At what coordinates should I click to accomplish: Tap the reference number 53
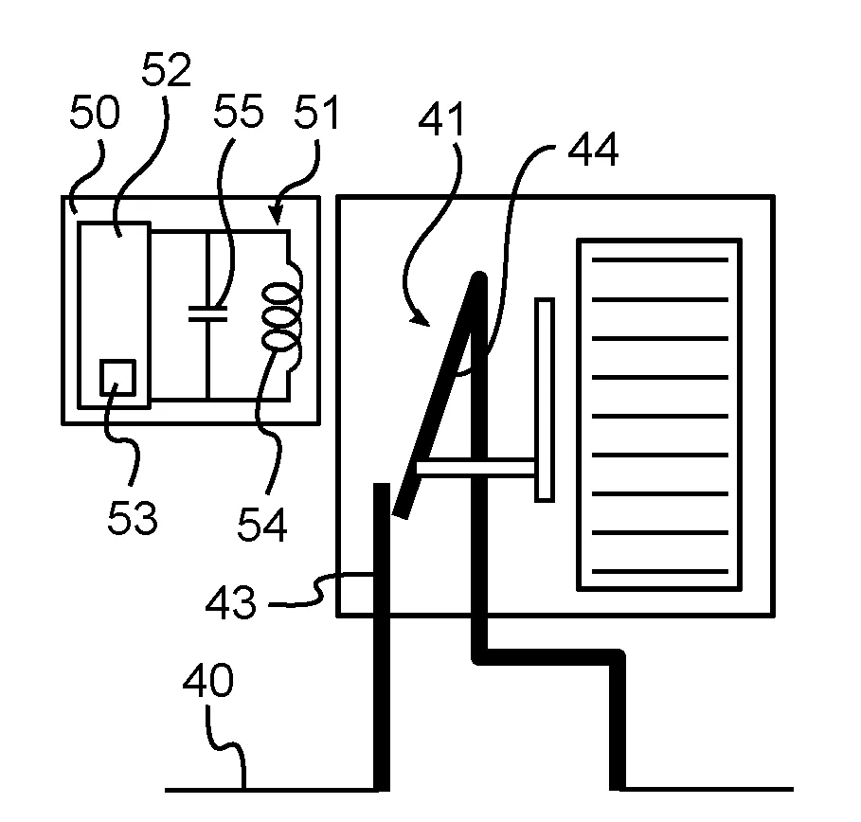click(x=132, y=518)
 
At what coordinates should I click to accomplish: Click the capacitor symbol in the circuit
click(x=207, y=313)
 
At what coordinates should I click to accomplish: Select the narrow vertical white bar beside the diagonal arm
click(x=545, y=399)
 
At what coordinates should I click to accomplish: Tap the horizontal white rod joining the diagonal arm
click(x=474, y=466)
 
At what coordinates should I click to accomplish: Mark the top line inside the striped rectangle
click(x=659, y=259)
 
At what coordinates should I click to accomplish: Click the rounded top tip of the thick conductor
click(x=479, y=277)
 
